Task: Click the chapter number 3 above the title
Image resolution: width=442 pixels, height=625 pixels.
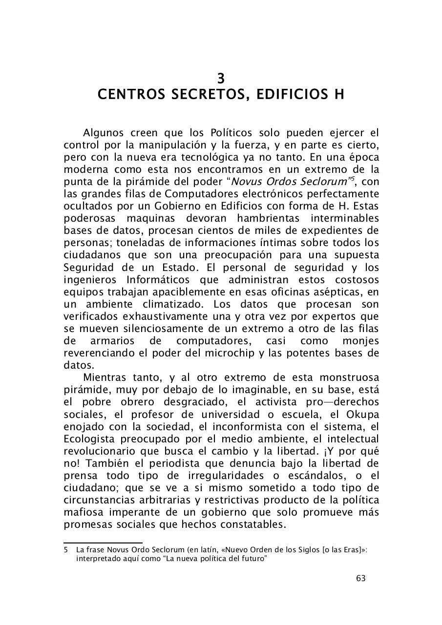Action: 221,78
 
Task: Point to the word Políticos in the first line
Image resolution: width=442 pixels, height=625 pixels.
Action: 231,133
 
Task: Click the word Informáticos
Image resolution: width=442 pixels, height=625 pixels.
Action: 159,280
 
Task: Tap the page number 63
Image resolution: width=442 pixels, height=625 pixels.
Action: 361,579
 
